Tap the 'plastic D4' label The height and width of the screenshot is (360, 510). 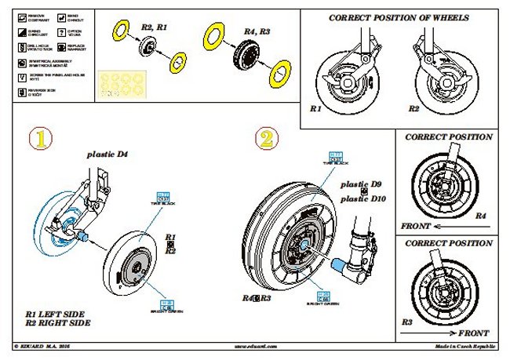click(107, 155)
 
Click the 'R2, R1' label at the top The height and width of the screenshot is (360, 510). click(154, 27)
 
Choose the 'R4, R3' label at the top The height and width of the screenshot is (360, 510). click(257, 31)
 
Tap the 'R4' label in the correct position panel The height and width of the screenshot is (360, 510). click(481, 215)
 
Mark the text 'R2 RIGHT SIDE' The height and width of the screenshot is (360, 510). click(56, 322)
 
